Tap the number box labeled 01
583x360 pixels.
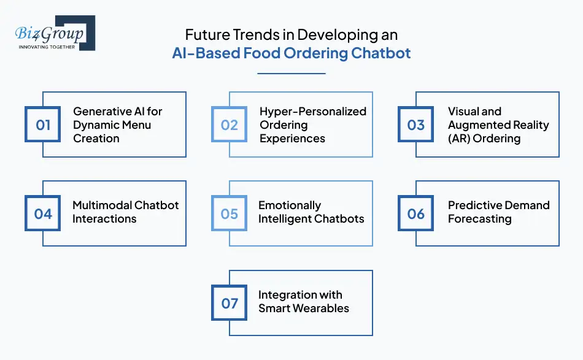point(43,125)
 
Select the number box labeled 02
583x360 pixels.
point(229,125)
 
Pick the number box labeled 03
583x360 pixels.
point(415,125)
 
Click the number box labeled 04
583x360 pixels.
point(43,213)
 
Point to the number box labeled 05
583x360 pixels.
point(229,213)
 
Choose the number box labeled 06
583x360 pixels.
point(415,213)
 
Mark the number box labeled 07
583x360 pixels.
point(229,303)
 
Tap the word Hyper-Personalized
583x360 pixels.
point(312,112)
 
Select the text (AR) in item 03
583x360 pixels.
point(461,139)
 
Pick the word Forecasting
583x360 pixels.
point(479,219)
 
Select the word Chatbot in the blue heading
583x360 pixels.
point(380,53)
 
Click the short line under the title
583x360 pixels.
point(291,74)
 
